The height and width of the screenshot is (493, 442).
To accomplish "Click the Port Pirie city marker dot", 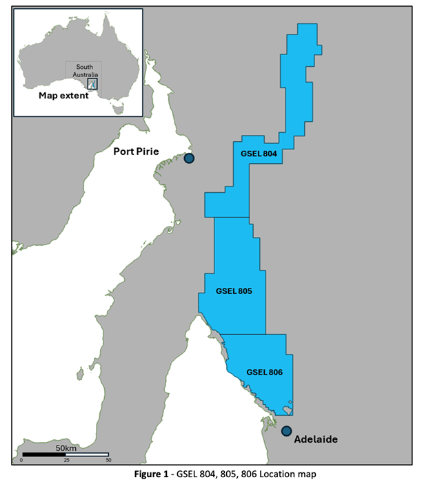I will click(x=189, y=158).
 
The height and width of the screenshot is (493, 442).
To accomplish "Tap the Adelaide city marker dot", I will click(x=286, y=430).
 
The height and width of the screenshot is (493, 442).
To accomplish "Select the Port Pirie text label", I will click(x=141, y=151).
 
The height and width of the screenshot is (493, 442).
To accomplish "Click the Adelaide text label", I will click(x=315, y=439).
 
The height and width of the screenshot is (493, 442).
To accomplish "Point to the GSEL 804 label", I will click(x=259, y=154).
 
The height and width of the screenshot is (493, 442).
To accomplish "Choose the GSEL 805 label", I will click(x=234, y=291).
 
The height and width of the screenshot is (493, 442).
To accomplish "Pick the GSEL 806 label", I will click(x=265, y=373).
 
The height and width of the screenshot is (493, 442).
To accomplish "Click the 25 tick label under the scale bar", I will click(x=66, y=461).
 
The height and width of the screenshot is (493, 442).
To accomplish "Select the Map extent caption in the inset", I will click(x=63, y=96).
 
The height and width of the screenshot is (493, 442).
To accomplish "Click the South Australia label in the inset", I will click(x=84, y=70).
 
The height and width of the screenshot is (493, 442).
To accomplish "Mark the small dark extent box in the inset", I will click(x=92, y=84).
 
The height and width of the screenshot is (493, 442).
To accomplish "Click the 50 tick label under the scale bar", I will click(x=108, y=461).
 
